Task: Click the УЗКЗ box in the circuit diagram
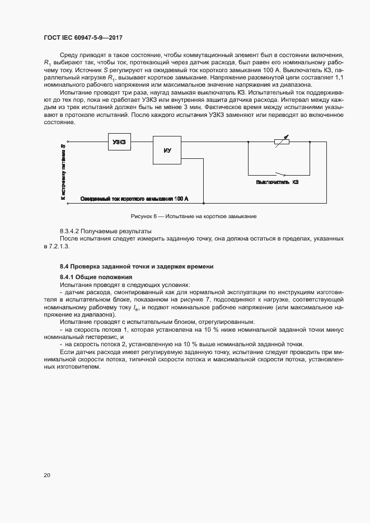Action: (119, 142)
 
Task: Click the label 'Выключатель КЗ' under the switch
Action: (277, 182)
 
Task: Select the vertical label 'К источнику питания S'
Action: (63, 172)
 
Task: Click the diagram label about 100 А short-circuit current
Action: (134, 199)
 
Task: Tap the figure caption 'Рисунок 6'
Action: (185, 216)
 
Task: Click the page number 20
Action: (46, 475)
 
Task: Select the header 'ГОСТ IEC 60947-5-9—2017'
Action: (83, 37)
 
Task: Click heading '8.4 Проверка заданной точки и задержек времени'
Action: (137, 266)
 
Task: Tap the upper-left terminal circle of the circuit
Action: (68, 142)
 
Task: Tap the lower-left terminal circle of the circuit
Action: (68, 204)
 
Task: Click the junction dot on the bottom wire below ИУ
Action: (204, 204)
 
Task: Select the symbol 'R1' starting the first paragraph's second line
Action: (48, 63)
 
